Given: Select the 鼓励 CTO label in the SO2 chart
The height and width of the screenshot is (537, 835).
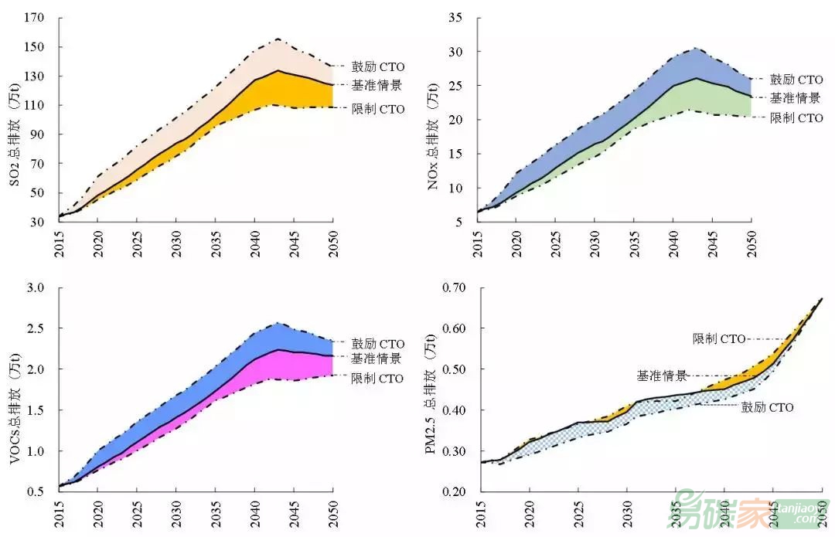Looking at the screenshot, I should coord(378,67).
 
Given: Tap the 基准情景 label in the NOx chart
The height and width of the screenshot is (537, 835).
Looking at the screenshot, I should coord(796,98).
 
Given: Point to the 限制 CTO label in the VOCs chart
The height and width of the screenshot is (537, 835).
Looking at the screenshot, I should coord(377,379).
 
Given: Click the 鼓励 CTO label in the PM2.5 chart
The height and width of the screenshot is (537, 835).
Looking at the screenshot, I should coord(768,407).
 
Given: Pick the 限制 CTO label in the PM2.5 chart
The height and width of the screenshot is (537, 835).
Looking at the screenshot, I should coord(719,338).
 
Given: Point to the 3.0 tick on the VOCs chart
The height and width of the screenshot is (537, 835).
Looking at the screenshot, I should coord(39,288).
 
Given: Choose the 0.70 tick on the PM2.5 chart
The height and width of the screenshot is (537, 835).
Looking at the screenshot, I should coord(456,288).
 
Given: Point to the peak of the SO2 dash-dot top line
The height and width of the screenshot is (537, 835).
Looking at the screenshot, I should coord(277,39).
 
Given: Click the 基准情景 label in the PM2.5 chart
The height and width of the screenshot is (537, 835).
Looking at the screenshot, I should coord(662,376).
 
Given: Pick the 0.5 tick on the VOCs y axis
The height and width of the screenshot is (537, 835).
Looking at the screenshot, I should coord(39,491).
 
